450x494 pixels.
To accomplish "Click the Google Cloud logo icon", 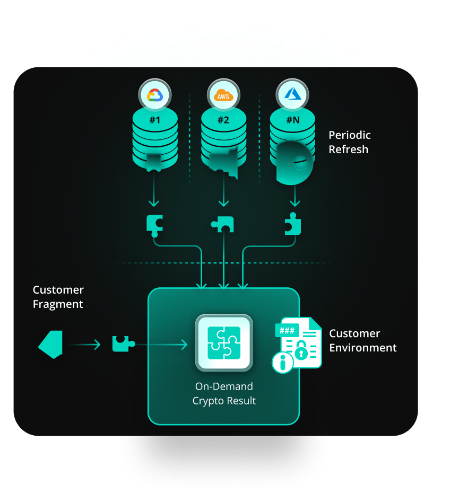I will (x=154, y=96).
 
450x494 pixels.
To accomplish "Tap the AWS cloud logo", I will (x=223, y=96).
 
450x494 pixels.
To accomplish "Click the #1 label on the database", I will (x=154, y=120).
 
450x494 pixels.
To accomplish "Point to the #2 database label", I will (x=223, y=120).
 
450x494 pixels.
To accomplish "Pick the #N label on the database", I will (x=293, y=120).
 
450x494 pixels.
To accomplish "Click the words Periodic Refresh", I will (x=349, y=142).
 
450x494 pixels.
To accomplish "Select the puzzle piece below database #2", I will (x=223, y=225).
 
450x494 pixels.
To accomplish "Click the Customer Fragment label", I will (x=58, y=297).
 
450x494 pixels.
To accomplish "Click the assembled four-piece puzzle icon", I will (x=224, y=342).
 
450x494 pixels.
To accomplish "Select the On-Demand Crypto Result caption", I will (x=224, y=393).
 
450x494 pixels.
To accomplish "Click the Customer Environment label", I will (x=363, y=340).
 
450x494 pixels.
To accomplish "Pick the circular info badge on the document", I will (x=282, y=363).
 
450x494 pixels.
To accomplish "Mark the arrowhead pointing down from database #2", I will (x=223, y=204).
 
